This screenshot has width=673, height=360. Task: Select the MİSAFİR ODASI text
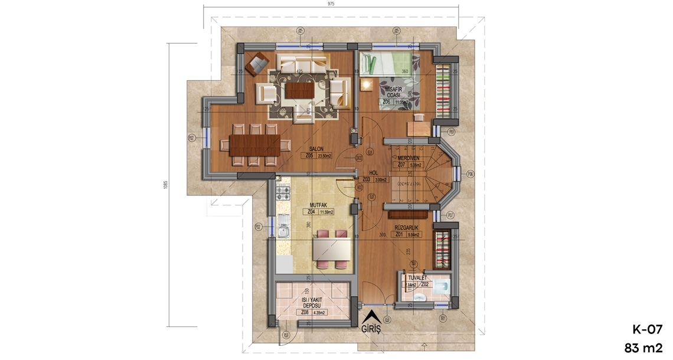tap(393, 92)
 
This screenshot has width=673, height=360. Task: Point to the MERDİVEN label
tap(408, 158)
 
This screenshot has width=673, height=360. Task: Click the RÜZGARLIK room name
tap(407, 227)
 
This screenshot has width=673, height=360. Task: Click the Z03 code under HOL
tap(366, 179)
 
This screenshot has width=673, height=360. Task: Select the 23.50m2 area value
tap(324, 156)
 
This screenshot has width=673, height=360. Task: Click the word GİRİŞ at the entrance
tap(371, 329)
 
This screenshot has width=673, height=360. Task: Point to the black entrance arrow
tap(371, 316)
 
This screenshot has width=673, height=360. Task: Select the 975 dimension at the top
tap(331, 4)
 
